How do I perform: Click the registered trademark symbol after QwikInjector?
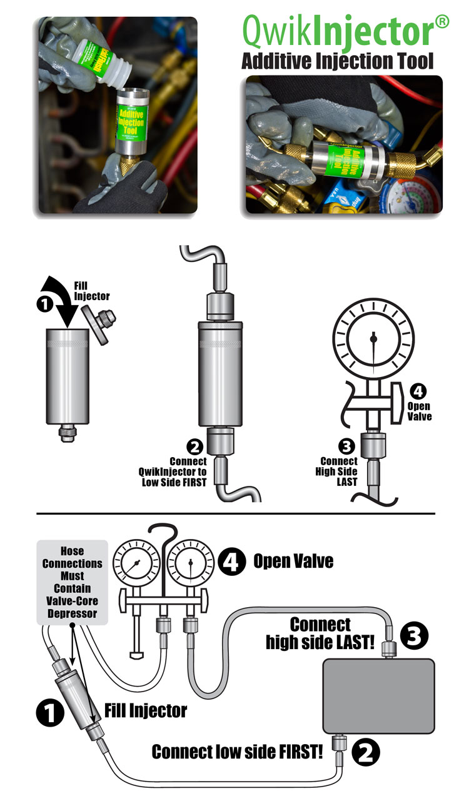[441, 22]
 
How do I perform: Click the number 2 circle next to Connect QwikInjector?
[194, 446]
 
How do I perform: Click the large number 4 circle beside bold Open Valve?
[229, 561]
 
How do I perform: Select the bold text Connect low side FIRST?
[238, 752]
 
